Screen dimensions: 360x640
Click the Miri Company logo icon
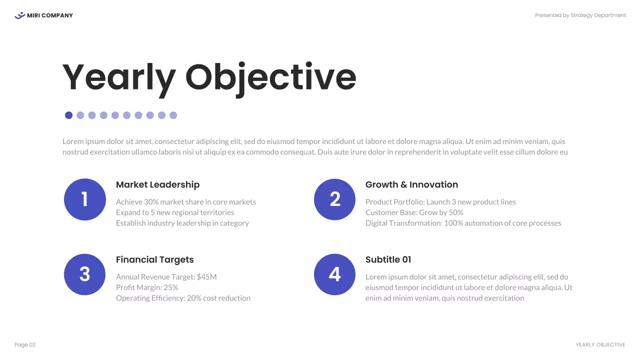tap(19, 15)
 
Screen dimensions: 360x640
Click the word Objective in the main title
tap(270, 77)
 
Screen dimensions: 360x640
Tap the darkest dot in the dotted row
tap(69, 115)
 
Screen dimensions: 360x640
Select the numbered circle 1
tap(85, 199)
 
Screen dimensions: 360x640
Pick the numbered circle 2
tap(334, 199)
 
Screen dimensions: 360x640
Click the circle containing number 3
tap(85, 274)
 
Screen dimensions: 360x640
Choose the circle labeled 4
tap(334, 274)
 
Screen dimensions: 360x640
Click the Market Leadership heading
tap(157, 184)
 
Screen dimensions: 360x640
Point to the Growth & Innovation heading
tap(411, 184)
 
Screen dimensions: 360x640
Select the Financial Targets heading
tap(154, 259)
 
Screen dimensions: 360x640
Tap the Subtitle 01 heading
tap(388, 259)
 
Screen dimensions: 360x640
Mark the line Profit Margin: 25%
tap(147, 287)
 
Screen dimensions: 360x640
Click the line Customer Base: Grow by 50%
tap(414, 212)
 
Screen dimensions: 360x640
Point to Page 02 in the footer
tap(25, 345)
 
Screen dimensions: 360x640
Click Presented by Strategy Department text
tap(580, 15)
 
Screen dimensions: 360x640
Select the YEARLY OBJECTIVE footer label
tap(600, 345)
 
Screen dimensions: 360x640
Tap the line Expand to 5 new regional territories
tap(175, 212)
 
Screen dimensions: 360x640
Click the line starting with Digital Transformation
tap(463, 223)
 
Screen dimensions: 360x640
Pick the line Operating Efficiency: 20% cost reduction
tap(183, 298)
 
